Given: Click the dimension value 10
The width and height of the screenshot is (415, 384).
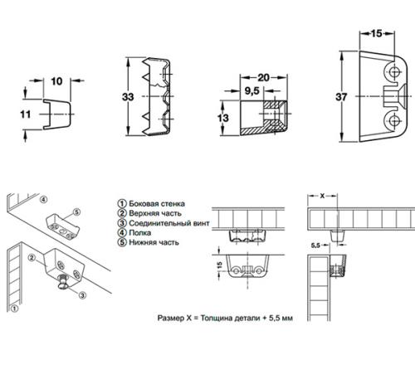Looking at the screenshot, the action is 56,81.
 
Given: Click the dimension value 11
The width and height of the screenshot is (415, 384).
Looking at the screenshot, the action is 26,114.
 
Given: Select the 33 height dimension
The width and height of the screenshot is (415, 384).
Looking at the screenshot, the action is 128,97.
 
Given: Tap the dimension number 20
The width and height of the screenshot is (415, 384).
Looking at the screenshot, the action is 263,77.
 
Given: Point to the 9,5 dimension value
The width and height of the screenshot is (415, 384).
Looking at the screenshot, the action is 251,90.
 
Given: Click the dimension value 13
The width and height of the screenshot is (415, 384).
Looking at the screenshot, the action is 223,118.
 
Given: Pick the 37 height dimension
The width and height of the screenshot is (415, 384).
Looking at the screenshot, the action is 341,97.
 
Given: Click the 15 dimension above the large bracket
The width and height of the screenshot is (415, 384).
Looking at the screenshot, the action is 377,33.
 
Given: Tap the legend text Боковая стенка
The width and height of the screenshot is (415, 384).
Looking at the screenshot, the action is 157,204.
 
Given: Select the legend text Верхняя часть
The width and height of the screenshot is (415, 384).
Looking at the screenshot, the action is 155,213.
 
